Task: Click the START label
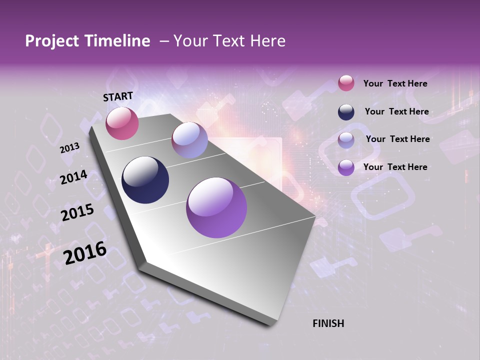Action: pyautogui.click(x=118, y=96)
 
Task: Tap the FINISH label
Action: pyautogui.click(x=328, y=323)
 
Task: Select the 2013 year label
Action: pyautogui.click(x=69, y=148)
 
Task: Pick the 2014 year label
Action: pyautogui.click(x=73, y=177)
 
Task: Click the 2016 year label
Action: pyautogui.click(x=85, y=253)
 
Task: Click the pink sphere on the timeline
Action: pyautogui.click(x=122, y=123)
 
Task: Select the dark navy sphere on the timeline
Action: pyautogui.click(x=145, y=180)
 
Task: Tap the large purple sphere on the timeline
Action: pyautogui.click(x=216, y=207)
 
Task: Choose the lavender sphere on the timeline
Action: pyautogui.click(x=189, y=140)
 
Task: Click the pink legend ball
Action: pyautogui.click(x=346, y=83)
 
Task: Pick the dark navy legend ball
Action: pyautogui.click(x=346, y=112)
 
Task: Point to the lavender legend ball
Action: pyautogui.click(x=346, y=140)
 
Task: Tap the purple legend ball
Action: pyautogui.click(x=346, y=167)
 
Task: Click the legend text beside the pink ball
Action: pyautogui.click(x=395, y=84)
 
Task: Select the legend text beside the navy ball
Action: pyautogui.click(x=396, y=111)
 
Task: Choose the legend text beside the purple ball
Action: pyautogui.click(x=395, y=167)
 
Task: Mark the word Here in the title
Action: pyautogui.click(x=265, y=41)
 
